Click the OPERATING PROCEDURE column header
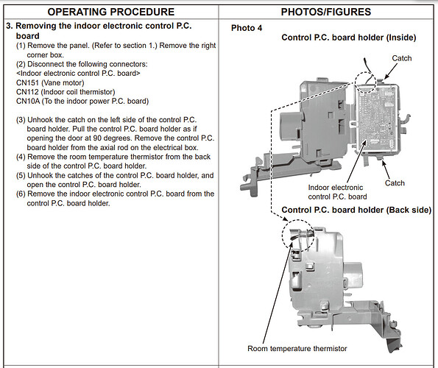click(x=111, y=12)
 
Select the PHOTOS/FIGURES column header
click(x=326, y=12)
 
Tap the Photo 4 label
click(x=247, y=28)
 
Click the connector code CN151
click(x=27, y=82)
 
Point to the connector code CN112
click(x=27, y=92)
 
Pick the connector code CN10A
click(x=28, y=101)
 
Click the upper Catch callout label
click(x=402, y=58)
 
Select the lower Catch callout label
click(x=395, y=183)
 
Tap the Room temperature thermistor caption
click(x=297, y=348)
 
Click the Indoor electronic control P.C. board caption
click(x=337, y=192)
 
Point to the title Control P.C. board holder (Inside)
click(x=349, y=38)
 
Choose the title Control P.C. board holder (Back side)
click(x=356, y=210)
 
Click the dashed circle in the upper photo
click(x=356, y=82)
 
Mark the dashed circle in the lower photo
click(x=283, y=235)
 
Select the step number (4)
click(x=21, y=157)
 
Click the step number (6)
click(x=21, y=194)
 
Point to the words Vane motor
click(x=63, y=82)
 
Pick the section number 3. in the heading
click(x=10, y=26)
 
